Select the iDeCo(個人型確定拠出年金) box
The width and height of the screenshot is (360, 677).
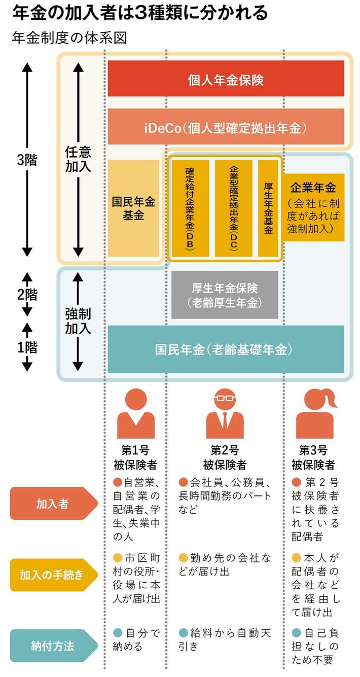[226, 127]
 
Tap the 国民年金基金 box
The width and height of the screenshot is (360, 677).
[133, 208]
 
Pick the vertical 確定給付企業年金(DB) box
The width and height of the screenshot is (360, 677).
[190, 208]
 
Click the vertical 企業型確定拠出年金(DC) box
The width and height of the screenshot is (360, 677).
[234, 208]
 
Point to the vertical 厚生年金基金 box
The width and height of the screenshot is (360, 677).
[268, 208]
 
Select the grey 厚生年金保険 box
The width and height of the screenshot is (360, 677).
[225, 295]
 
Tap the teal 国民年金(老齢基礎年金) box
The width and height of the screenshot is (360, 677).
[226, 349]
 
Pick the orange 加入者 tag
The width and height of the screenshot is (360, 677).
[52, 505]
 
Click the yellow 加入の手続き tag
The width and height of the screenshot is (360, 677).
[52, 575]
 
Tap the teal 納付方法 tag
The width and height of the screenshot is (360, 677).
[52, 646]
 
